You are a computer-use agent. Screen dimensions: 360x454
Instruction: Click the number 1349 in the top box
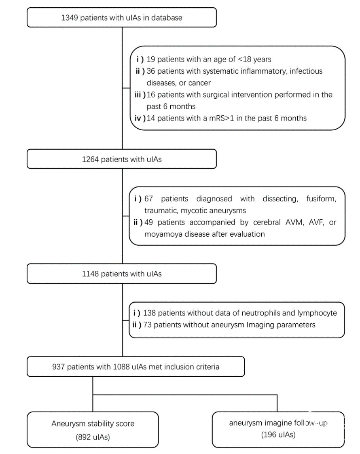tap(70, 18)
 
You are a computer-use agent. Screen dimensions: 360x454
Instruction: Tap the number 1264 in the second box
tap(90, 159)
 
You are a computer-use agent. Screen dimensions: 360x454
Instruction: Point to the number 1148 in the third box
tap(90, 274)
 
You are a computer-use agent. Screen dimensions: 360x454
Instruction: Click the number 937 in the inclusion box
tap(59, 367)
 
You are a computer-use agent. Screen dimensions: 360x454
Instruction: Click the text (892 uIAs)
tap(93, 437)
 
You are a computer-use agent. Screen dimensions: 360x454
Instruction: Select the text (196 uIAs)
tap(278, 435)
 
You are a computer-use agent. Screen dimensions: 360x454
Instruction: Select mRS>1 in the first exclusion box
tap(222, 118)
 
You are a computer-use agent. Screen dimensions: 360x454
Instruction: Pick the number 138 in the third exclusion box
tap(149, 313)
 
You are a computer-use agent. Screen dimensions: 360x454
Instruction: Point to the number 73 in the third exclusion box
tap(147, 325)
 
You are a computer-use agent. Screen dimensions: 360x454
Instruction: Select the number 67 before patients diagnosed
tap(148, 199)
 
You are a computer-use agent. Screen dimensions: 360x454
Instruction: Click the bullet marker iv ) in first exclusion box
tap(140, 118)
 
